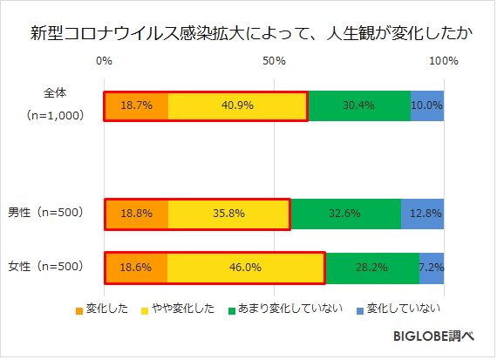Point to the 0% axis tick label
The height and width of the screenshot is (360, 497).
pos(104,61)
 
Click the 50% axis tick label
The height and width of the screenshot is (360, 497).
pos(274,61)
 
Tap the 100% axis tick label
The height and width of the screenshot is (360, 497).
pos(444,61)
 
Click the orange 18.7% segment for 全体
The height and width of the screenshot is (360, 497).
pos(136,105)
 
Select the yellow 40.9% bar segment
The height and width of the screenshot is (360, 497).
pos(237,105)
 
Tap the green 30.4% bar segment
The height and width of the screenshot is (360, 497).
pos(358,105)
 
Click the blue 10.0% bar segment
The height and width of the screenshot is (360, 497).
pos(427,105)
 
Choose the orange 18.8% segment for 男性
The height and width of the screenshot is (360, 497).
pos(136,213)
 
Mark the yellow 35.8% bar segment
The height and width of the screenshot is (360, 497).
pos(228,213)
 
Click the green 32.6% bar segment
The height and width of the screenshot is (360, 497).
pos(345,213)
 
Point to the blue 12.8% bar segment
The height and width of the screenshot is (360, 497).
pos(423,213)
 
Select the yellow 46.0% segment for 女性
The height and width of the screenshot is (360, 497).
pos(245,268)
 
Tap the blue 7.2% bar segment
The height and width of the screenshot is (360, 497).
pos(432,268)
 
